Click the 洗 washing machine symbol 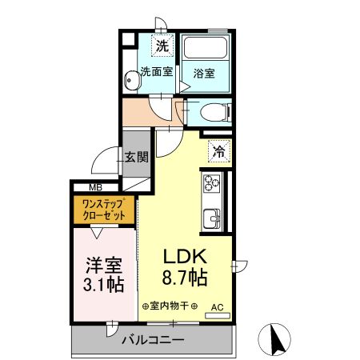(162, 46)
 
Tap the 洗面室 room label (157, 71)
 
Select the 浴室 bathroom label (204, 73)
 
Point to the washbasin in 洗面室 (130, 81)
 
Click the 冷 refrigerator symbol (218, 149)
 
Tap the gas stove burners (214, 184)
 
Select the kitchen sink (214, 218)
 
